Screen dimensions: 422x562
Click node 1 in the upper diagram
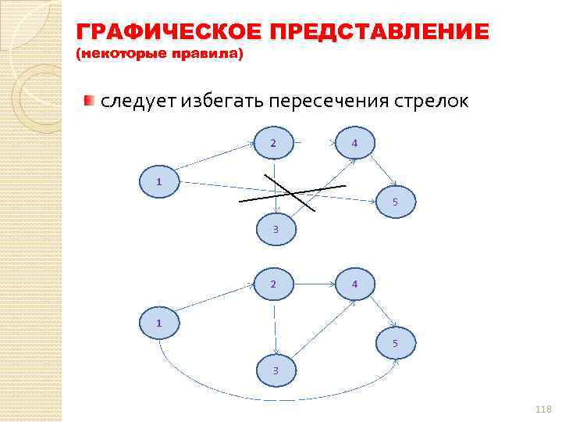click(158, 181)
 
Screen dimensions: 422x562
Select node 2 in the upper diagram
click(273, 143)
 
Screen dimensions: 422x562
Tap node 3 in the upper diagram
click(276, 228)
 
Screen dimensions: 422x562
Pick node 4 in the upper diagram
click(354, 143)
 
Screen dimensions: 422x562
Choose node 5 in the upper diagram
click(395, 202)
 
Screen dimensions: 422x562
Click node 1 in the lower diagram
click(158, 321)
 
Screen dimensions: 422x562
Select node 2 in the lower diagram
click(273, 284)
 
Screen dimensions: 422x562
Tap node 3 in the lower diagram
click(276, 370)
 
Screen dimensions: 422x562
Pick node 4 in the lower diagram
click(354, 284)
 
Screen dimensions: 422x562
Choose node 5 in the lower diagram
click(395, 342)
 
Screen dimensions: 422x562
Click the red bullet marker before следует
click(90, 101)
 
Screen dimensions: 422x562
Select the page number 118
click(543, 409)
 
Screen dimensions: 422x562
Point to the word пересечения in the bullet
click(335, 102)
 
